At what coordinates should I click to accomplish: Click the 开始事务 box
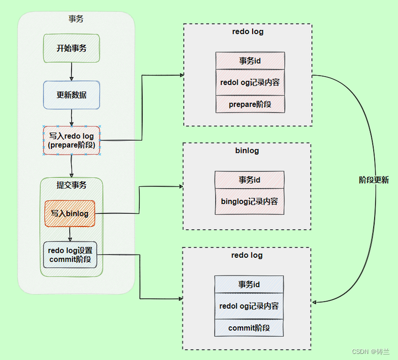click(71, 48)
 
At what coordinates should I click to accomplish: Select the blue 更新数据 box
click(71, 94)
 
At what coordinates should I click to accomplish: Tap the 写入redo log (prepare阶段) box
click(71, 140)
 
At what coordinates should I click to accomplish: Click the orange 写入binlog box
click(70, 213)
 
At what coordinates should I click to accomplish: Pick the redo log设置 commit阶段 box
click(70, 255)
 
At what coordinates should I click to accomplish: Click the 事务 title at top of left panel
click(76, 19)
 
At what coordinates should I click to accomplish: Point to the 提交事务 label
click(71, 185)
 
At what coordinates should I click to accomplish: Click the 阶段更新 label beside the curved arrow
click(374, 180)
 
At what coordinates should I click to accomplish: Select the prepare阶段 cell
click(250, 104)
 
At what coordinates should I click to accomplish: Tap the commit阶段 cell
click(249, 327)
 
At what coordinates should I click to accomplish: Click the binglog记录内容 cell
click(249, 201)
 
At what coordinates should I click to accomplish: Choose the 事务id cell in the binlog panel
click(249, 180)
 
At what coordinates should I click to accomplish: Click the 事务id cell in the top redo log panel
click(250, 60)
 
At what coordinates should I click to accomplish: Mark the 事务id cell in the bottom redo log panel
click(249, 284)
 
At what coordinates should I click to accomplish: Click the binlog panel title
click(247, 151)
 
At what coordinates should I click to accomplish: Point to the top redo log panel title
click(248, 31)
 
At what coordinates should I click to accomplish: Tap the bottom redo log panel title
click(247, 256)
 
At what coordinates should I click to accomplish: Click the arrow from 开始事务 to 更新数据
click(71, 71)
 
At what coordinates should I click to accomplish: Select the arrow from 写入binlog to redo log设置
click(70, 234)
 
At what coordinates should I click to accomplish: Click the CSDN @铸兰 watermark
click(371, 352)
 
